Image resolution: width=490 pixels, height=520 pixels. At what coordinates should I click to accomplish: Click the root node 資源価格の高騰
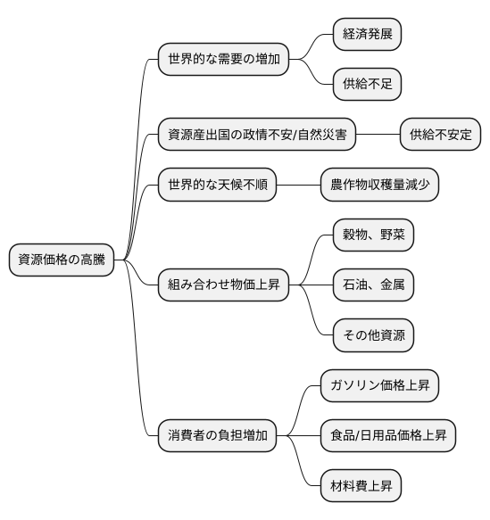62,260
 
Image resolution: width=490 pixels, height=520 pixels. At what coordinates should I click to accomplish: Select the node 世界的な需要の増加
223,60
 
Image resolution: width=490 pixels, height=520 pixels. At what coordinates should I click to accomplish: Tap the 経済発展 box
366,35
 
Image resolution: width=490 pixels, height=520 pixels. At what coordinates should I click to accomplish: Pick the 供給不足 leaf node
366,85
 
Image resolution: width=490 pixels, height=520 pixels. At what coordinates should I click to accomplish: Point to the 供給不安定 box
440,136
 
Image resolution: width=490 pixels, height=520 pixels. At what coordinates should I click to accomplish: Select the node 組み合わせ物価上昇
223,285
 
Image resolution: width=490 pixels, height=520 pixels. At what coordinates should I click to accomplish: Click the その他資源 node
372,335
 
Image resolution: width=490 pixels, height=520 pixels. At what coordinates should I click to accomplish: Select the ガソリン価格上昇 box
379,386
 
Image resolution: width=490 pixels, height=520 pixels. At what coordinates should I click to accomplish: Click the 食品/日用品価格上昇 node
388,436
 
